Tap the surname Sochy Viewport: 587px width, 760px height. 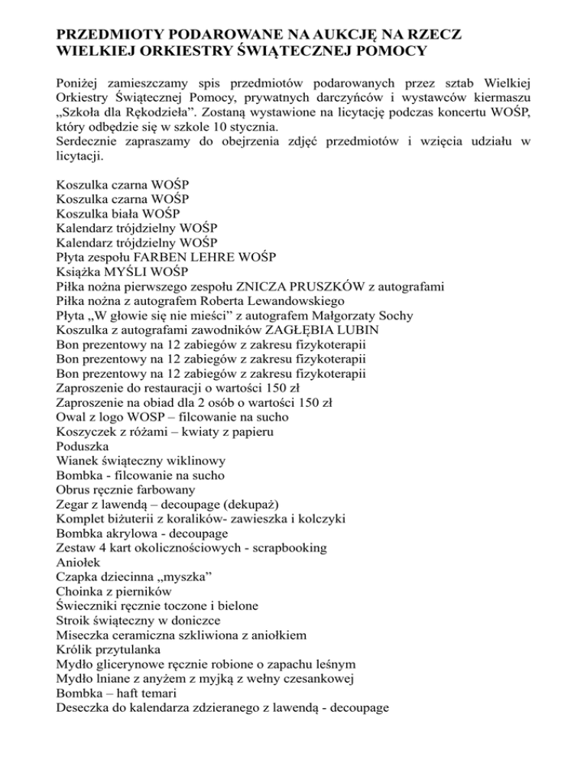tap(402, 318)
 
